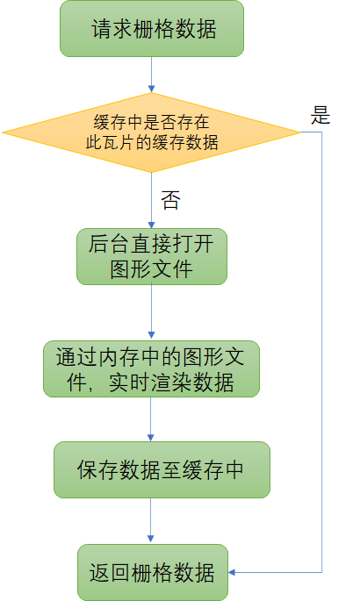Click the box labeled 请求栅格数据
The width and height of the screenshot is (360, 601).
(152, 29)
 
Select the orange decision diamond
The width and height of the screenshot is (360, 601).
(151, 132)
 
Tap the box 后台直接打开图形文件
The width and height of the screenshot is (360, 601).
(152, 256)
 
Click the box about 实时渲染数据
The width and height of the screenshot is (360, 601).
(151, 368)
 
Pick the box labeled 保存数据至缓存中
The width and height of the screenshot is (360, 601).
(162, 469)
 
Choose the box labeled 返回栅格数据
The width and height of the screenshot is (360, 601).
(153, 572)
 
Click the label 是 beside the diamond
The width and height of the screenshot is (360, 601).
(320, 115)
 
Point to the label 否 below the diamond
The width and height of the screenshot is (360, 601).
(170, 200)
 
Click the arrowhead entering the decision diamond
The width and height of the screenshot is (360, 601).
(151, 89)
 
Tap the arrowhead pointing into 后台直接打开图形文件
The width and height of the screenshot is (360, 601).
(151, 225)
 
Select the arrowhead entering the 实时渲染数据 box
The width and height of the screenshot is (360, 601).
(151, 335)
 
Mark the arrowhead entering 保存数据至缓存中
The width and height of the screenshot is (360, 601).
(151, 438)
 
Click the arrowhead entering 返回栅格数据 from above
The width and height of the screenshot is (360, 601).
(151, 539)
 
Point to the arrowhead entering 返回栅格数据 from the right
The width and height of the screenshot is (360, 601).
(232, 572)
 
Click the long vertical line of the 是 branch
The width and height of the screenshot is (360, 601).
(321, 352)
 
